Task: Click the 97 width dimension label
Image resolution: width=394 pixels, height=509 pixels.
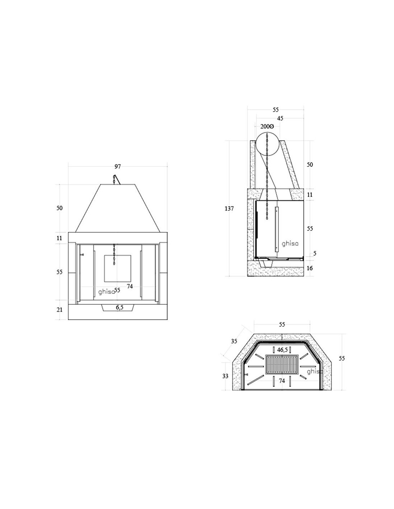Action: coord(117,166)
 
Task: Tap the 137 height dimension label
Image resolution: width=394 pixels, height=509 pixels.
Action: coord(229,208)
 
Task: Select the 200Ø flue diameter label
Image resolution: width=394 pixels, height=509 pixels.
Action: coord(267,126)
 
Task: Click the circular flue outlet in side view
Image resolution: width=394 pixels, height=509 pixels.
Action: coord(268,144)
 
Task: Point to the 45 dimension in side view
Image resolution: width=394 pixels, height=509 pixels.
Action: coord(280,118)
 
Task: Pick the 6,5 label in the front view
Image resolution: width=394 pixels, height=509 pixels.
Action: coord(120,307)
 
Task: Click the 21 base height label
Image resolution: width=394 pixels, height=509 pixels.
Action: coord(59,310)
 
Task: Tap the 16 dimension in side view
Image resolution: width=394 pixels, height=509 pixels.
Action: coord(309,268)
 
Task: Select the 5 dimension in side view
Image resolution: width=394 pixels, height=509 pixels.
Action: coord(314,253)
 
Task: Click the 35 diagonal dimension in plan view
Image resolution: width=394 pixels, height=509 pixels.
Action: coord(234,341)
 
